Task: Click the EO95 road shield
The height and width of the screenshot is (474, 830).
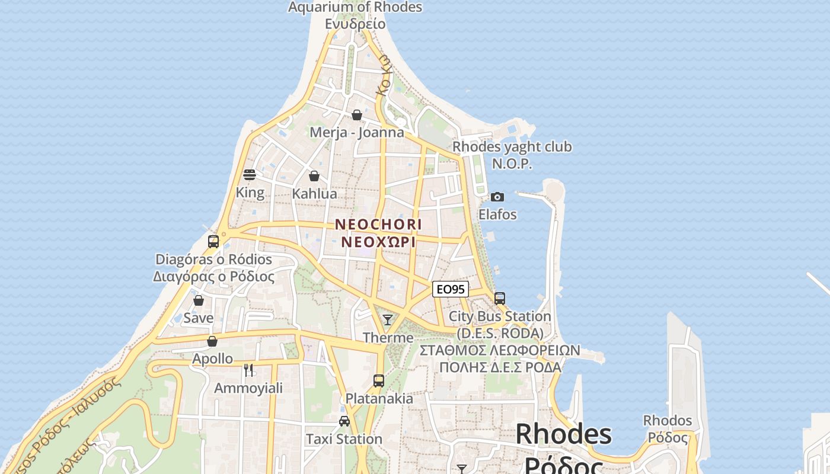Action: pos(451,289)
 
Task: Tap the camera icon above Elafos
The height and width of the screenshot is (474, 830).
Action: pos(497,197)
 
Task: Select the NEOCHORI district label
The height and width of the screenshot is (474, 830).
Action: pos(378,225)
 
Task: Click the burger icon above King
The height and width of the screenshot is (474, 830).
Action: pos(250,175)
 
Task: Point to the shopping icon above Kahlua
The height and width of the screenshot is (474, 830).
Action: pos(314,176)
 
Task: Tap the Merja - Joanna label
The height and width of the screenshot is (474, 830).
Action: pos(357,132)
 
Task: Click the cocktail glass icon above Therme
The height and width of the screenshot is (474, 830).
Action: pos(388,320)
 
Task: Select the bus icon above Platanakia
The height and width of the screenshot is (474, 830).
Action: pos(379,380)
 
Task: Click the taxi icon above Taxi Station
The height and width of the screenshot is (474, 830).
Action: pos(344,421)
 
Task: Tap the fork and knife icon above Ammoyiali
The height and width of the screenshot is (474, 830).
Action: pos(248,370)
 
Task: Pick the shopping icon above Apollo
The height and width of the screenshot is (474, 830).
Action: pos(212,341)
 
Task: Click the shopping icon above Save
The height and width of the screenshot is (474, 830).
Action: pos(199,300)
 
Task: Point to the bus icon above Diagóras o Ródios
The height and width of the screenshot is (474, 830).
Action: pos(213,242)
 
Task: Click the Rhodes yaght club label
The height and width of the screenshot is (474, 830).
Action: pos(512,146)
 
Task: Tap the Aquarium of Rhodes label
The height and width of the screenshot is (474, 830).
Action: pos(355,7)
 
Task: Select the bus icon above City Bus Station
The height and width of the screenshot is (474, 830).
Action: pos(500,298)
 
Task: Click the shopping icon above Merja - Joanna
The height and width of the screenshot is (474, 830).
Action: pos(357,115)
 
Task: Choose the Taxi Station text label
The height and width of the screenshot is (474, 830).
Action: pos(344,439)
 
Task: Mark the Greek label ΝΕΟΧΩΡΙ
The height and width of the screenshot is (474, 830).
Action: pos(378,242)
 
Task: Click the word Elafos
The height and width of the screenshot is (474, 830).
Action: pos(497,214)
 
